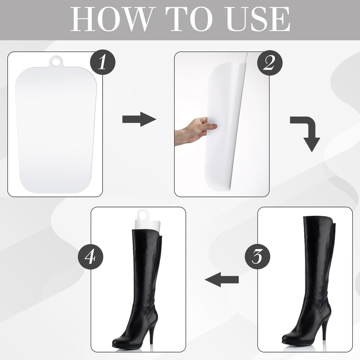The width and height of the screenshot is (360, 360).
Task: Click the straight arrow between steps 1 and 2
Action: point(139,119)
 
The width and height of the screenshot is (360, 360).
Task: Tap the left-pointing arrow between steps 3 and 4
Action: point(221,279)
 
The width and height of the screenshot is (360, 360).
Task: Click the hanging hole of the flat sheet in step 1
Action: point(55,62)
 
